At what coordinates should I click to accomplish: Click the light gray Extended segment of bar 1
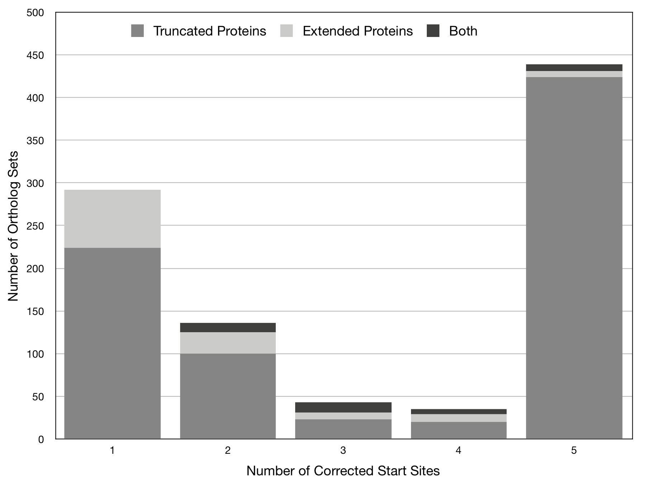(x=112, y=219)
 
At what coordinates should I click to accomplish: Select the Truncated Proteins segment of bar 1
(x=112, y=343)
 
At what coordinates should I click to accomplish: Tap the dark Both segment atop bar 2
(x=228, y=328)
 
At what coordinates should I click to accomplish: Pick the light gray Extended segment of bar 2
(x=228, y=343)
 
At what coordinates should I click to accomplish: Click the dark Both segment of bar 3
(x=343, y=408)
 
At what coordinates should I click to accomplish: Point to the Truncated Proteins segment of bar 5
(x=574, y=258)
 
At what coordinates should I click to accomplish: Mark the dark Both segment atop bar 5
(x=574, y=68)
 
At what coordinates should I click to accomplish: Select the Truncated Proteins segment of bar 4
(x=459, y=430)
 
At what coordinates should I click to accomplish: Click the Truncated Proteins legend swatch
(x=137, y=31)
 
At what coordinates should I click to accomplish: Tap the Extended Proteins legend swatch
(x=287, y=31)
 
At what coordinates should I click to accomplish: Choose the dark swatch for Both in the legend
(x=433, y=31)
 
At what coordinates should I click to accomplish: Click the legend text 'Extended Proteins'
(x=358, y=31)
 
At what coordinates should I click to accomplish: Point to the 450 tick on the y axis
(x=35, y=55)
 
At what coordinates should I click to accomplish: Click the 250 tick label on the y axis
(x=35, y=226)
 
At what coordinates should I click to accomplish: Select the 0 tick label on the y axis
(x=41, y=439)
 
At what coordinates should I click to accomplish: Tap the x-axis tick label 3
(x=343, y=451)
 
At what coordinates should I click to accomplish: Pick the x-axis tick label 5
(x=574, y=451)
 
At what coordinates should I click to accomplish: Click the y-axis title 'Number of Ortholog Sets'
(x=13, y=226)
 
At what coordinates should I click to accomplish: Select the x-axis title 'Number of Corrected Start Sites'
(x=343, y=471)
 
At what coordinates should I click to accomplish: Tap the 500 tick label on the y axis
(x=35, y=13)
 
